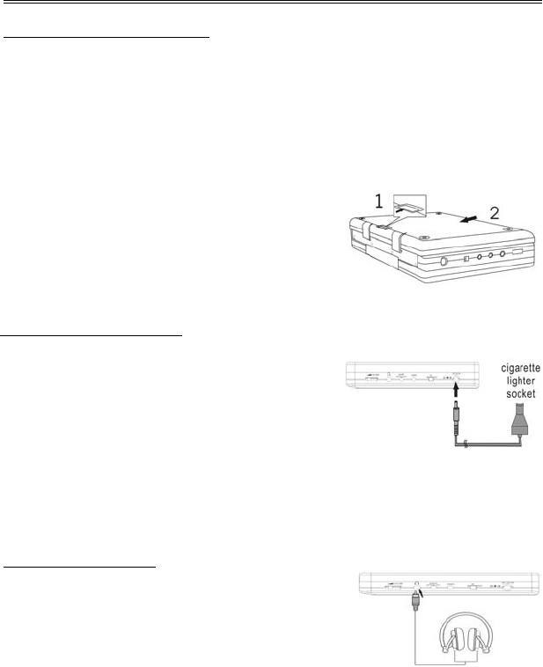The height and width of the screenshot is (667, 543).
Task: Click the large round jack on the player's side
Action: [x=443, y=260]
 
